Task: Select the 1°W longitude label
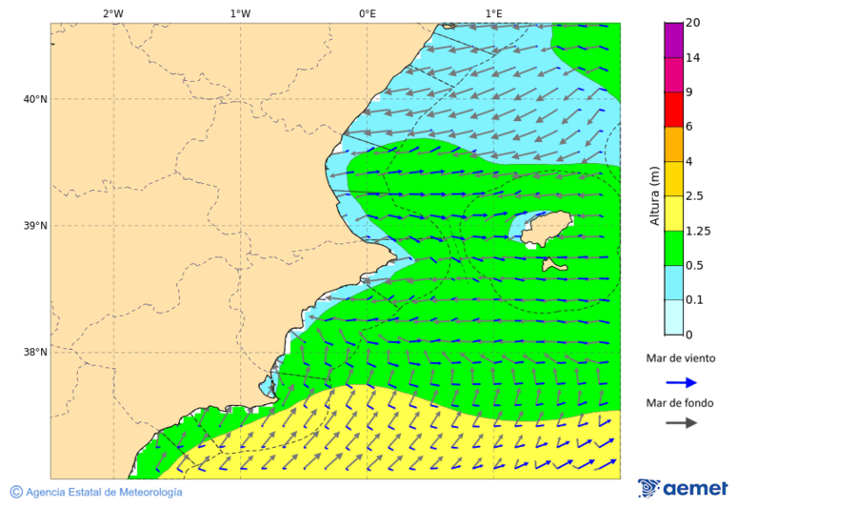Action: tap(240, 13)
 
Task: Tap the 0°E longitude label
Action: tap(367, 13)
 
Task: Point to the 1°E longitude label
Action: tap(493, 13)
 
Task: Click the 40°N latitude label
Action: tap(35, 99)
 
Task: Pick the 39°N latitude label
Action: tap(35, 226)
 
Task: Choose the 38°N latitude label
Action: tap(35, 353)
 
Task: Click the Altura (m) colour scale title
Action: tap(654, 195)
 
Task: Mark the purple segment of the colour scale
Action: tap(673, 40)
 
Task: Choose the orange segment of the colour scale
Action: tap(673, 144)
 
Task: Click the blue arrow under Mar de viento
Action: tap(681, 382)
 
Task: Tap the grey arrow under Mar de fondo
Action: tap(681, 424)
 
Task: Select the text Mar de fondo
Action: tap(680, 403)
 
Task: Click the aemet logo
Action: tap(683, 488)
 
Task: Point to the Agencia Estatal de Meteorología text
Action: tap(103, 493)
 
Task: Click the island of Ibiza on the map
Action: tap(545, 231)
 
